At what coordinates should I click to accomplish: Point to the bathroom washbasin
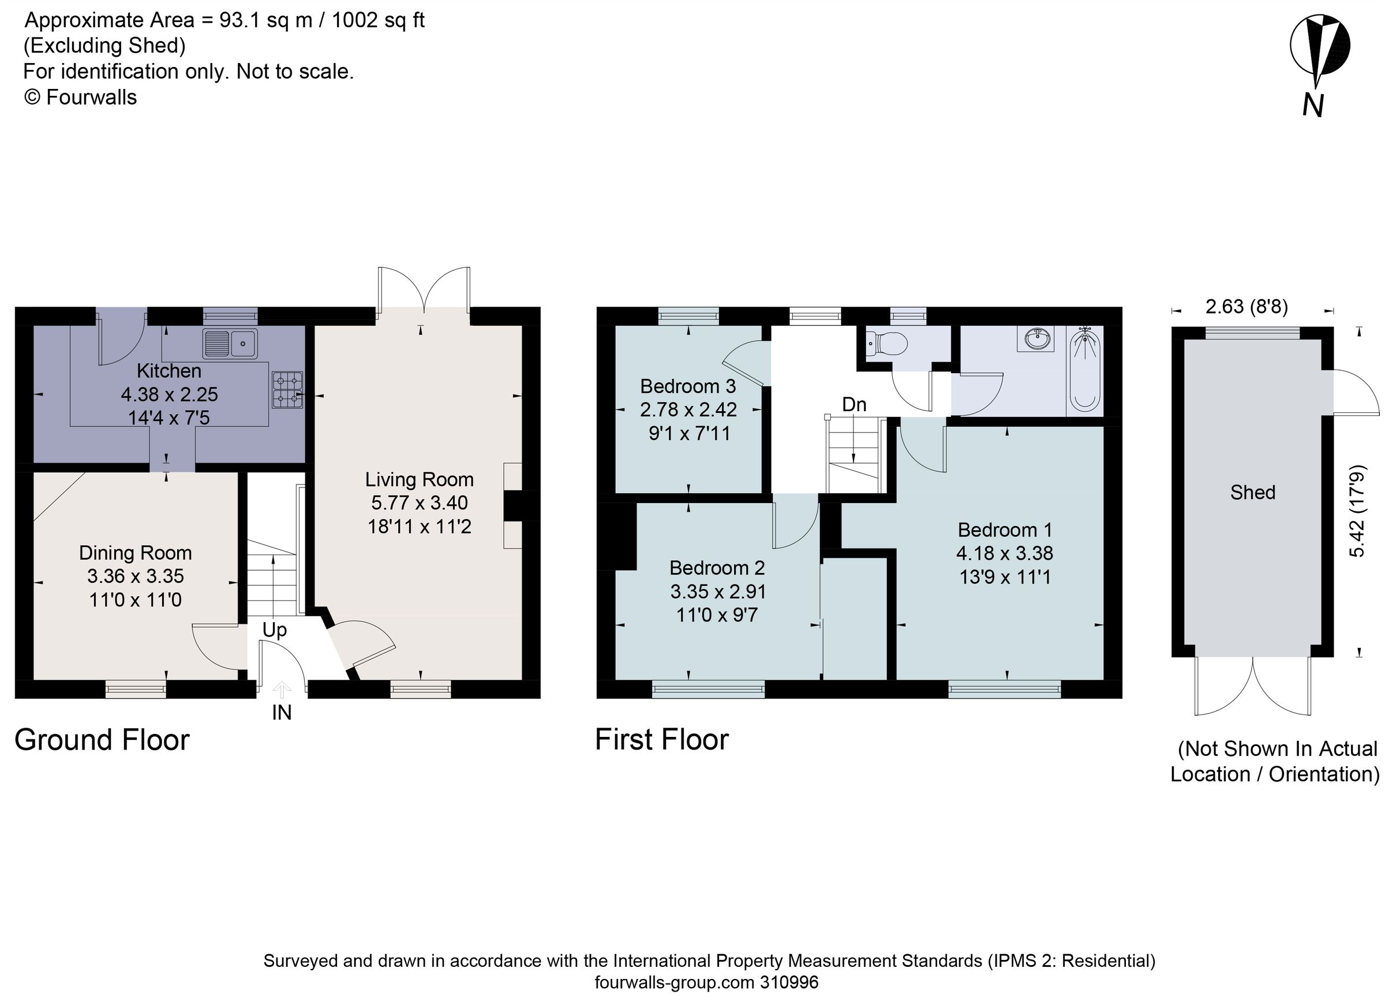(1036, 338)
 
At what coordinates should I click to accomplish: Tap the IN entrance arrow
(282, 690)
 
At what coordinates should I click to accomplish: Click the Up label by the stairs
(274, 630)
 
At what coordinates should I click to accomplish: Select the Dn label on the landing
(854, 405)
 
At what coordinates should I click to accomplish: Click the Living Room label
(419, 480)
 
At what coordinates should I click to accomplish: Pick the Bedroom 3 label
(688, 386)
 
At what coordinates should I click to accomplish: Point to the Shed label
(1252, 493)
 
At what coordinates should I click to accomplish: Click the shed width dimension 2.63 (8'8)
(1246, 306)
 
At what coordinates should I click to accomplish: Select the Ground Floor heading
(102, 740)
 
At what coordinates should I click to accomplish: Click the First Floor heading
(661, 739)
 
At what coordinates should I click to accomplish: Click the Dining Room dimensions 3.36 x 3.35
(136, 576)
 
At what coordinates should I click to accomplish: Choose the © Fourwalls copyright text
(80, 97)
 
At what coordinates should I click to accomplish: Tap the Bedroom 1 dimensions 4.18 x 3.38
(1004, 553)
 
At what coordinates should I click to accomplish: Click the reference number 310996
(788, 983)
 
